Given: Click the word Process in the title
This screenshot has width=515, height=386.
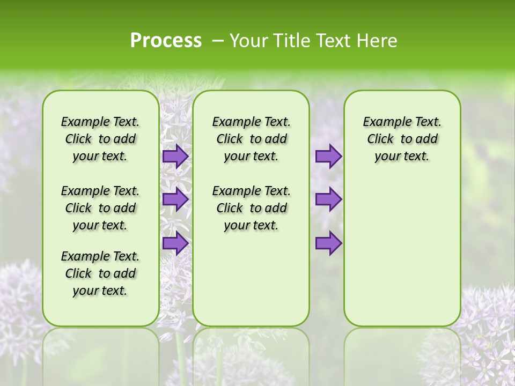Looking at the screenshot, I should (x=166, y=41).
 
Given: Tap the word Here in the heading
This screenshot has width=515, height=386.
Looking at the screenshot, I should (x=377, y=41).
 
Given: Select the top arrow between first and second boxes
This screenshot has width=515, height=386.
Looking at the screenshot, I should (x=175, y=156).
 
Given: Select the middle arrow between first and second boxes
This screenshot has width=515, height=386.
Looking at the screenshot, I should (x=175, y=199).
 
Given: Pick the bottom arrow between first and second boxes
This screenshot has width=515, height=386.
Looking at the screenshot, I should (x=175, y=243).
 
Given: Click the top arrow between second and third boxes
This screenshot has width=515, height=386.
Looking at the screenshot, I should (x=328, y=156).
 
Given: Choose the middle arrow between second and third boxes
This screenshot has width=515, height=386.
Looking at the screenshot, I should (x=328, y=199).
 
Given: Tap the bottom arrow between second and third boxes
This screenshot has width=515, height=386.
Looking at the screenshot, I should (x=328, y=243).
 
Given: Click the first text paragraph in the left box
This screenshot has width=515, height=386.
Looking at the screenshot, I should (x=100, y=139).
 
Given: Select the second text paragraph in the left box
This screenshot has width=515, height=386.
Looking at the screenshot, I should (x=100, y=208).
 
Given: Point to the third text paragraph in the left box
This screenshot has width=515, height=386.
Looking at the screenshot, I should (x=100, y=273).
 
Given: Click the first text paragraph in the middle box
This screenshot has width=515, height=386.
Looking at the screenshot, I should (x=251, y=139).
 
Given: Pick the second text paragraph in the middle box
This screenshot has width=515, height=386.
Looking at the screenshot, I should (x=251, y=208).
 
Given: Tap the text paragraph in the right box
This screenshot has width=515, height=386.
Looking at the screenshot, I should (x=402, y=139).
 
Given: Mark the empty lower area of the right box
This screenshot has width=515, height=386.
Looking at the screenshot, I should (x=402, y=252).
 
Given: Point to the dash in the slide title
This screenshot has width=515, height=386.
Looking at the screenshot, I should (x=218, y=41).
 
